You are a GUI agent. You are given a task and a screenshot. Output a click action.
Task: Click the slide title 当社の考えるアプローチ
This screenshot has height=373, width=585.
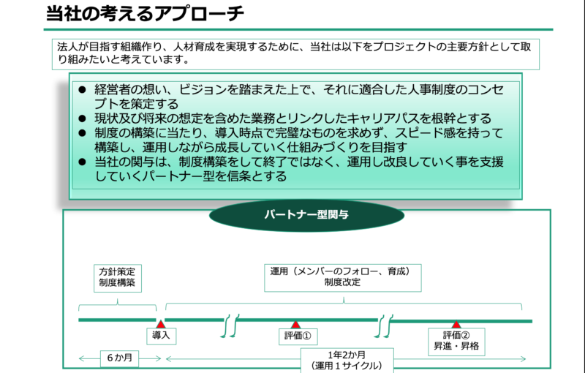click(145, 14)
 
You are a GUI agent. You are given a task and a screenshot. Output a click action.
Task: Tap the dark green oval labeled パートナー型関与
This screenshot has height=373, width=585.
click(306, 215)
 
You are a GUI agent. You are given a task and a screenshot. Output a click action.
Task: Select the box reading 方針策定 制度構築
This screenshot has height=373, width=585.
click(118, 278)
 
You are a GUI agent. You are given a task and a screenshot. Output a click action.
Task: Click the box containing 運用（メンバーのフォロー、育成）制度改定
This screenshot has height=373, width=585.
click(343, 277)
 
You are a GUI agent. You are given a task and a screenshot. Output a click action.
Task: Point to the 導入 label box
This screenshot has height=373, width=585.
click(161, 336)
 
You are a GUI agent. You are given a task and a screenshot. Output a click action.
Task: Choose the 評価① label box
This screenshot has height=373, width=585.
click(298, 336)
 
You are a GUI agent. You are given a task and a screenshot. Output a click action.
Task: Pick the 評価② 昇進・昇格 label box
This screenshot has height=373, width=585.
click(456, 342)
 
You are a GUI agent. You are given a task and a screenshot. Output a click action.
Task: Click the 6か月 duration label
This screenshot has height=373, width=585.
click(119, 358)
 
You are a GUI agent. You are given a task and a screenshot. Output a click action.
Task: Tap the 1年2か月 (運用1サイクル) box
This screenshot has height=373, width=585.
click(347, 361)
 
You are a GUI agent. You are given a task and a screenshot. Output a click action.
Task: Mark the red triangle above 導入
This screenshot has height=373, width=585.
click(160, 324)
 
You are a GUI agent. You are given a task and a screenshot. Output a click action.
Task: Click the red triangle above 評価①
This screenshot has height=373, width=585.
click(295, 325)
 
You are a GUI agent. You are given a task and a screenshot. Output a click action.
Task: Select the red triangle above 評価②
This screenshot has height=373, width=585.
click(456, 325)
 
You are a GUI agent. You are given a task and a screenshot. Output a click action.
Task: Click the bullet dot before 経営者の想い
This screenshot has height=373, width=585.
click(83, 89)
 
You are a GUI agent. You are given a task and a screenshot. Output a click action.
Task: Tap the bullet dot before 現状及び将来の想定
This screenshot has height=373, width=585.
click(83, 118)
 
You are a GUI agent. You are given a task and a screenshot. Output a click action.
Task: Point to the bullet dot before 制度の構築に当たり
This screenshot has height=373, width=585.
click(83, 133)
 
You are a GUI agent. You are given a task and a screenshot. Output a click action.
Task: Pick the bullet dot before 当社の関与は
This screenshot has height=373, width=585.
click(83, 162)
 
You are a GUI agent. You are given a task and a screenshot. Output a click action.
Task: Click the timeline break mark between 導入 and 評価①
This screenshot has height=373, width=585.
click(230, 325)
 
